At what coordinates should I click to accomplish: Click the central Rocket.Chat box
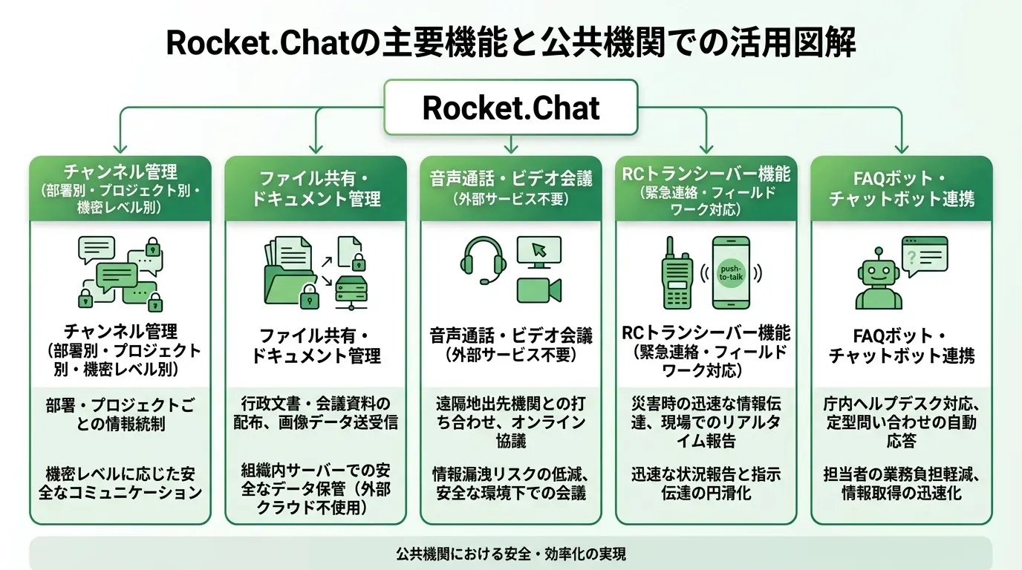click(511, 108)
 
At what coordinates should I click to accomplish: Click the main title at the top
click(511, 42)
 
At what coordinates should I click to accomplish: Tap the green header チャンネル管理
click(120, 189)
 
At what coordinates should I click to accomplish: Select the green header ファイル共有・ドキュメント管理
click(316, 189)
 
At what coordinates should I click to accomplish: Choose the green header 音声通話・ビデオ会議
click(511, 189)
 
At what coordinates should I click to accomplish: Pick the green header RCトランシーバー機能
click(706, 189)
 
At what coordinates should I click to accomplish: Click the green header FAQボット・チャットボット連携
click(901, 189)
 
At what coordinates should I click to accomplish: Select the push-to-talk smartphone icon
click(731, 272)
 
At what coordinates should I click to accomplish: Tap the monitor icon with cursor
click(538, 252)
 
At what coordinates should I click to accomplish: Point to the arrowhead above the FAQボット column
click(901, 148)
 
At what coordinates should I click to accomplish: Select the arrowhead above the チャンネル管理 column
click(120, 148)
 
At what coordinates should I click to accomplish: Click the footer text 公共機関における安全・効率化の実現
click(511, 554)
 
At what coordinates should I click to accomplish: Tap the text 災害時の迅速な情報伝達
click(706, 413)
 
